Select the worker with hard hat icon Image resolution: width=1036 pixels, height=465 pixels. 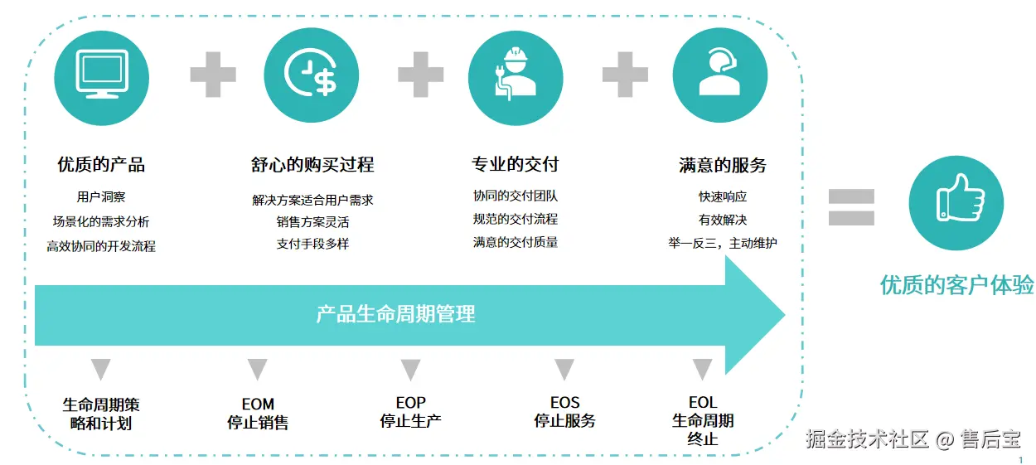click(515, 76)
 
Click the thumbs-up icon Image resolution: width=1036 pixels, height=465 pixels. click(956, 202)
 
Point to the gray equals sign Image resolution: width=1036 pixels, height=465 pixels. click(851, 207)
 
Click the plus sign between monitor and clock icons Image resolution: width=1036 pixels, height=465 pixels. click(213, 75)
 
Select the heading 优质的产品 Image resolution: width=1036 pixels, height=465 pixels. click(101, 165)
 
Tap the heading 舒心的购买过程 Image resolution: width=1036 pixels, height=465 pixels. click(312, 165)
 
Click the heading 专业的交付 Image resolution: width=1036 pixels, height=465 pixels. click(516, 164)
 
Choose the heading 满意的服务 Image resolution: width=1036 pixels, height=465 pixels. click(723, 165)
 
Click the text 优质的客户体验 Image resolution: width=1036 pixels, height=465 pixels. click(956, 286)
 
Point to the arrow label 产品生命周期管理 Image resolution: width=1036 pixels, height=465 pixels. click(396, 314)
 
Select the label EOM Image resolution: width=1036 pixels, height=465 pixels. click(258, 404)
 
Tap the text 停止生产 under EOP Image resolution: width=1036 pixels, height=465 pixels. click(410, 421)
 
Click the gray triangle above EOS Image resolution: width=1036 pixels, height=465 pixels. click(564, 369)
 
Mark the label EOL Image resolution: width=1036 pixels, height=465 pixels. click(702, 404)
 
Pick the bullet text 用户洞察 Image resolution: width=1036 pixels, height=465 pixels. click(101, 197)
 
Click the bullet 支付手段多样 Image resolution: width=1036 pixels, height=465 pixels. click(312, 245)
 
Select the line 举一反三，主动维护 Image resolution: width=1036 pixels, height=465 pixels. click(723, 244)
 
